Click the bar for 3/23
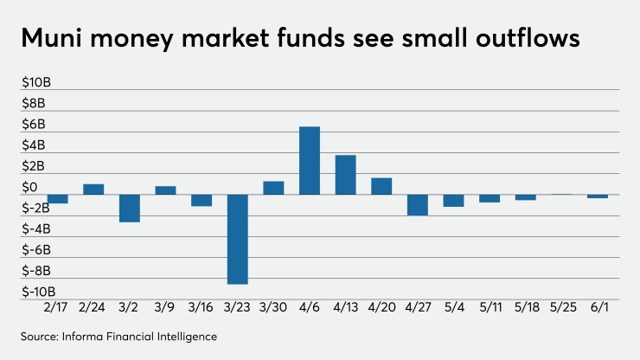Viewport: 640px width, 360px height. [x=238, y=239]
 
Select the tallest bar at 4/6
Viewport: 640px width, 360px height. [x=310, y=160]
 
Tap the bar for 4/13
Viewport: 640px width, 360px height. [x=345, y=174]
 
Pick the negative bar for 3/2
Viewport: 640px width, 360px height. [x=130, y=208]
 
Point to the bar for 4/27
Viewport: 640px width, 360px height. [x=417, y=204]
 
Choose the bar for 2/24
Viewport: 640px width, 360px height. [x=93, y=189]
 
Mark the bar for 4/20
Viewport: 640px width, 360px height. [x=381, y=185]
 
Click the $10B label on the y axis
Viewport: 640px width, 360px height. [x=37, y=83]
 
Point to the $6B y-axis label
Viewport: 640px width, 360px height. [x=35, y=125]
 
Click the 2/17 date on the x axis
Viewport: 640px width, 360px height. [x=57, y=308]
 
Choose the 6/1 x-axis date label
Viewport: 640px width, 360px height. [x=598, y=308]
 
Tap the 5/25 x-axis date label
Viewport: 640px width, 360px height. [x=561, y=308]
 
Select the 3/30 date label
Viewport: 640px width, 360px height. [x=273, y=308]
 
